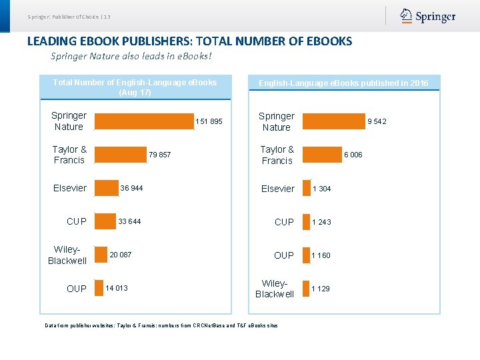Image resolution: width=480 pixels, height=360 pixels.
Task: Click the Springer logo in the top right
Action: [x=428, y=17]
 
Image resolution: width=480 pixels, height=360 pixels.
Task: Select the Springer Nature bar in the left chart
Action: [x=143, y=121]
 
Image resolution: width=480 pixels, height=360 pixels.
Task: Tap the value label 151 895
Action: [x=209, y=121]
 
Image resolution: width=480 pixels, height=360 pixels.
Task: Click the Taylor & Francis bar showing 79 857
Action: [x=119, y=155]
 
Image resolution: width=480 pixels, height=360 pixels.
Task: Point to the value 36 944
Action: [x=131, y=188]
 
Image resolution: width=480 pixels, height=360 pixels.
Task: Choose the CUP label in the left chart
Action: [x=77, y=221]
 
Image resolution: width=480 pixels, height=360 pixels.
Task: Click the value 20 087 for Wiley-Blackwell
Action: [x=121, y=255]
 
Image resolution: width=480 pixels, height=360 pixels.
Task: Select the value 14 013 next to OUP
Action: [x=117, y=288]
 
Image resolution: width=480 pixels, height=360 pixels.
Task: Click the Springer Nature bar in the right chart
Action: [x=333, y=121]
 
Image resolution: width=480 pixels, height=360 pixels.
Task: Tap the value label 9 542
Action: [x=377, y=121]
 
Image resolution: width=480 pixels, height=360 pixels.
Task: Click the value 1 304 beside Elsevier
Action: [x=322, y=189]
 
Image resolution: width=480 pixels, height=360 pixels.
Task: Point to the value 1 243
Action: [x=321, y=222]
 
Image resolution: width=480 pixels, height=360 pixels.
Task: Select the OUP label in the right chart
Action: [x=283, y=255]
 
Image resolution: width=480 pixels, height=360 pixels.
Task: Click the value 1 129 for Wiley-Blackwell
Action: [x=321, y=289]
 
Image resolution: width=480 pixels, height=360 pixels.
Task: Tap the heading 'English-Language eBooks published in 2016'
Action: [x=343, y=83]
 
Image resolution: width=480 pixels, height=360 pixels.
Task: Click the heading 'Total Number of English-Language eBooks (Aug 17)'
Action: [x=135, y=87]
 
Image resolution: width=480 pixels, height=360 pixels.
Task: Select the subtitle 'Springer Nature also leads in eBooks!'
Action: [x=131, y=56]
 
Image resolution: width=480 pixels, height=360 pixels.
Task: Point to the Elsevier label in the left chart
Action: [x=70, y=188]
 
